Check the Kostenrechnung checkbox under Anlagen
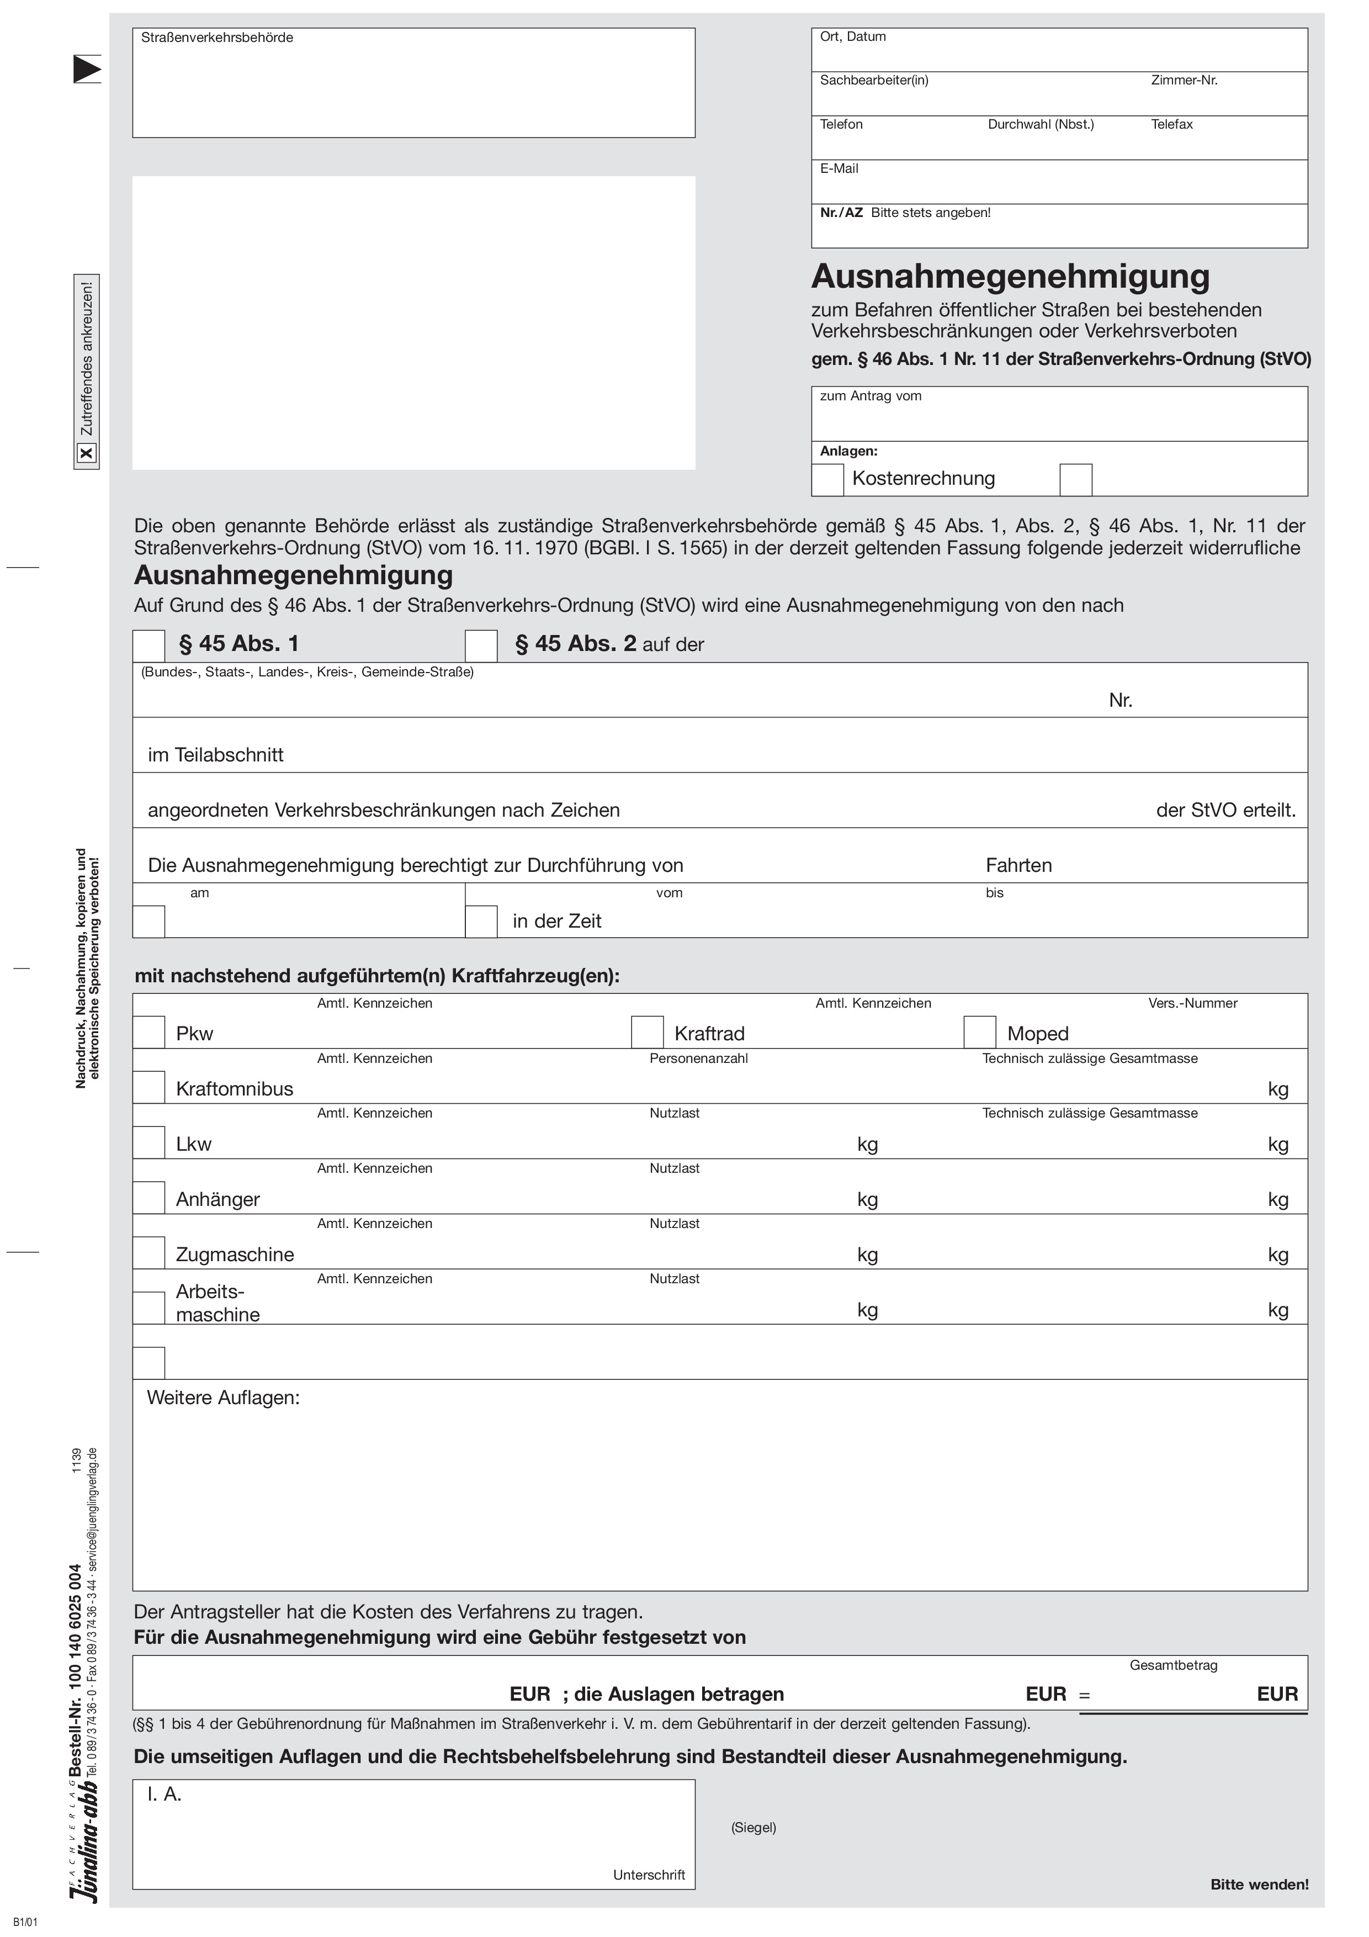[827, 479]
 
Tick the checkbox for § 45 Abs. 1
[148, 645]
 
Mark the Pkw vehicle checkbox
[148, 1032]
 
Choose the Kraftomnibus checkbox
[148, 1087]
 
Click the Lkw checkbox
[148, 1142]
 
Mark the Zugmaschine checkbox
[148, 1253]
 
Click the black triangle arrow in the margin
[86, 69]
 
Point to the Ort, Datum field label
[853, 37]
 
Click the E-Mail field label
[839, 169]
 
